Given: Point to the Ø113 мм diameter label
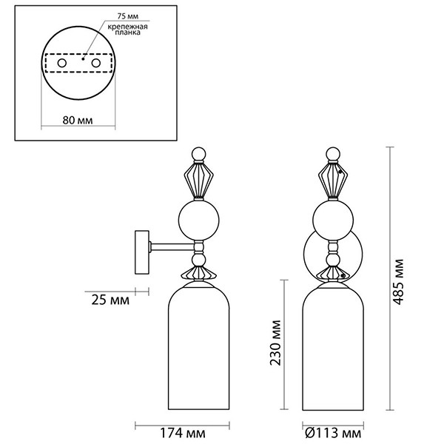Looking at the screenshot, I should pos(334,431).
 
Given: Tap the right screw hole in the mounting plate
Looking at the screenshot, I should pos(95,64).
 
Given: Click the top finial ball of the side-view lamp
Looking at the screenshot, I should pos(198,155).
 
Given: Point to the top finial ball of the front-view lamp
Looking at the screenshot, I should pos(334,155).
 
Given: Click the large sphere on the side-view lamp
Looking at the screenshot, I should pos(198,220).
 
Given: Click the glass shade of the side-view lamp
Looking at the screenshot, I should pos(198,348).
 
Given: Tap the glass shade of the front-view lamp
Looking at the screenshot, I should pos(334,348).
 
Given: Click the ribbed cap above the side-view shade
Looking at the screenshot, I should pos(198,273).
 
